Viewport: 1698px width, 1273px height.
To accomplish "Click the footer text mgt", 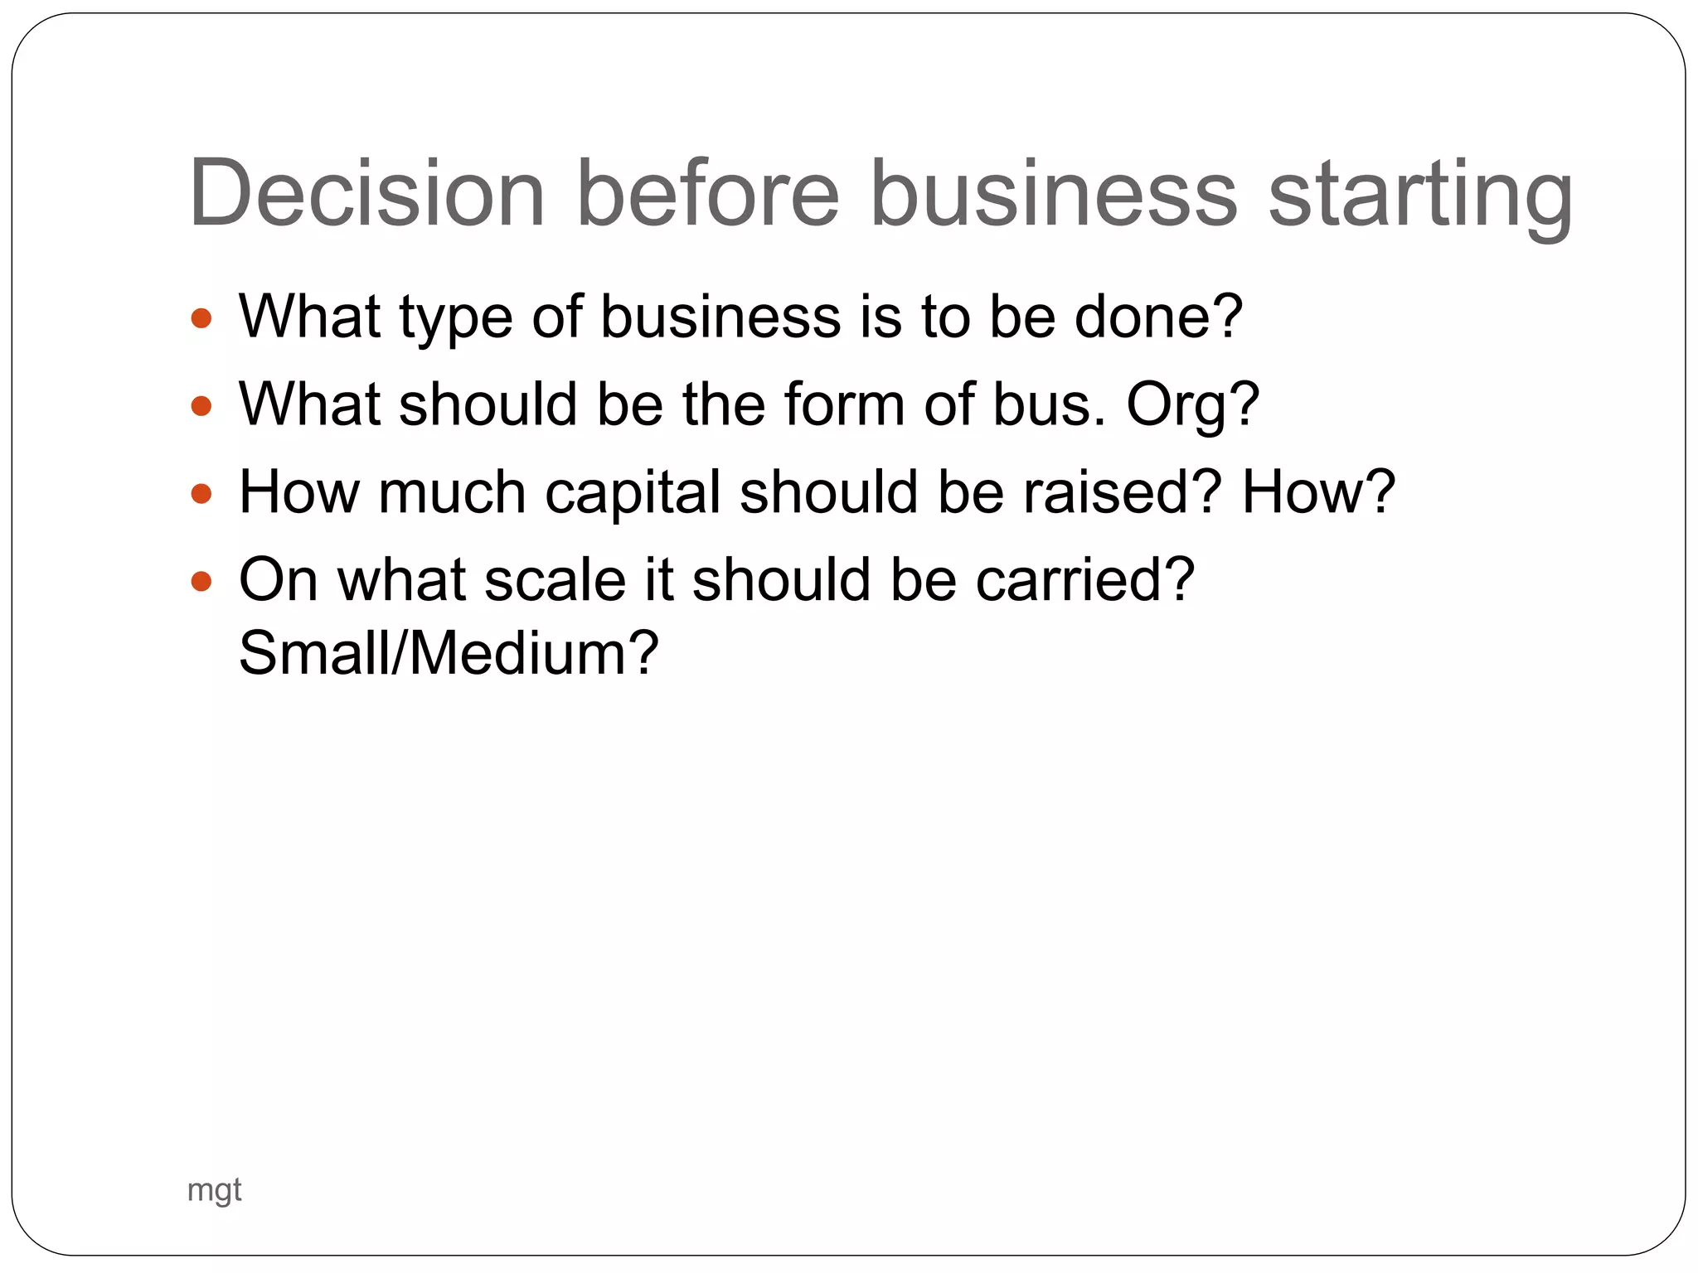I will [214, 1190].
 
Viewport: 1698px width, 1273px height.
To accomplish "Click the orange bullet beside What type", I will [201, 318].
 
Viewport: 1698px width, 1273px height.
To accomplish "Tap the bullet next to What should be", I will [201, 406].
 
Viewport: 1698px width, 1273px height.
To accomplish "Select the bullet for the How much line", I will [201, 494].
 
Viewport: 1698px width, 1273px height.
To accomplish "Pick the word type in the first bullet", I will [455, 320].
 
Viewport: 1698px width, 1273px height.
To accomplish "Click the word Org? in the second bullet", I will [1192, 406].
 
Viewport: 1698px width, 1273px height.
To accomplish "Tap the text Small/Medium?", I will [448, 654].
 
